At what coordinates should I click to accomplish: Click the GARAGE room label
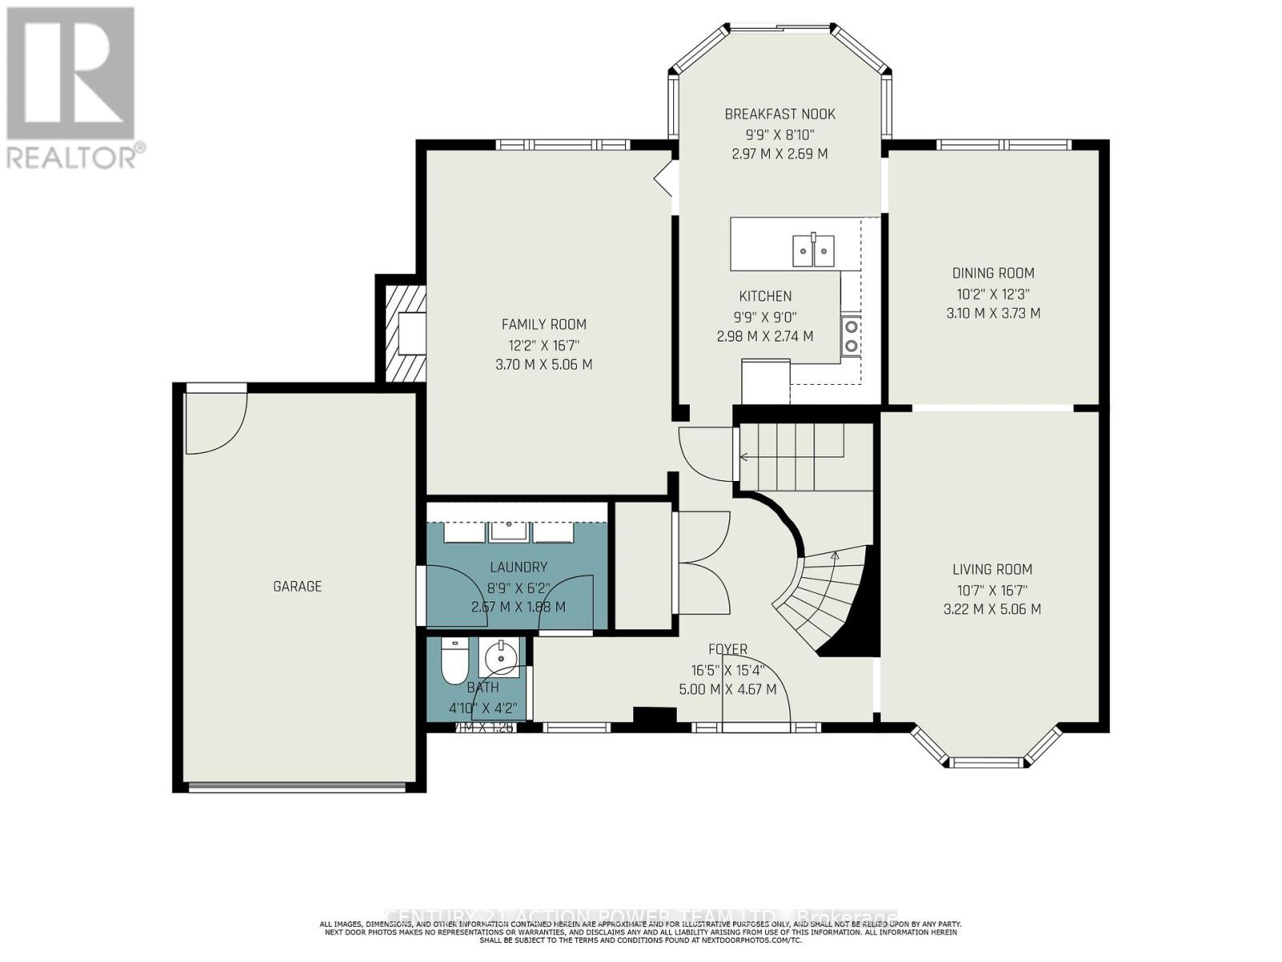(297, 586)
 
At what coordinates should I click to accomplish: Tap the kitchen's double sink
(813, 250)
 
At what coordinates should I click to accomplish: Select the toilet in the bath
(454, 663)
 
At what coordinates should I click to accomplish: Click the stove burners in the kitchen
(851, 335)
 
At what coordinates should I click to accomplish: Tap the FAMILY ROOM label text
(544, 325)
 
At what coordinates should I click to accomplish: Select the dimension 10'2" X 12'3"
(993, 293)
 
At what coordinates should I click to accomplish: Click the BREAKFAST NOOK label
(780, 115)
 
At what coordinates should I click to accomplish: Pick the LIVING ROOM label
(992, 569)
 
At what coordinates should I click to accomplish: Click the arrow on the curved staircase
(835, 554)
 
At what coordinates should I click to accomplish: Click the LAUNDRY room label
(518, 567)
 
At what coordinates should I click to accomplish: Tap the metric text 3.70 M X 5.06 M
(544, 365)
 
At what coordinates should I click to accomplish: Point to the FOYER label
(728, 649)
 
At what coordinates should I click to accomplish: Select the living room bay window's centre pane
(986, 762)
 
